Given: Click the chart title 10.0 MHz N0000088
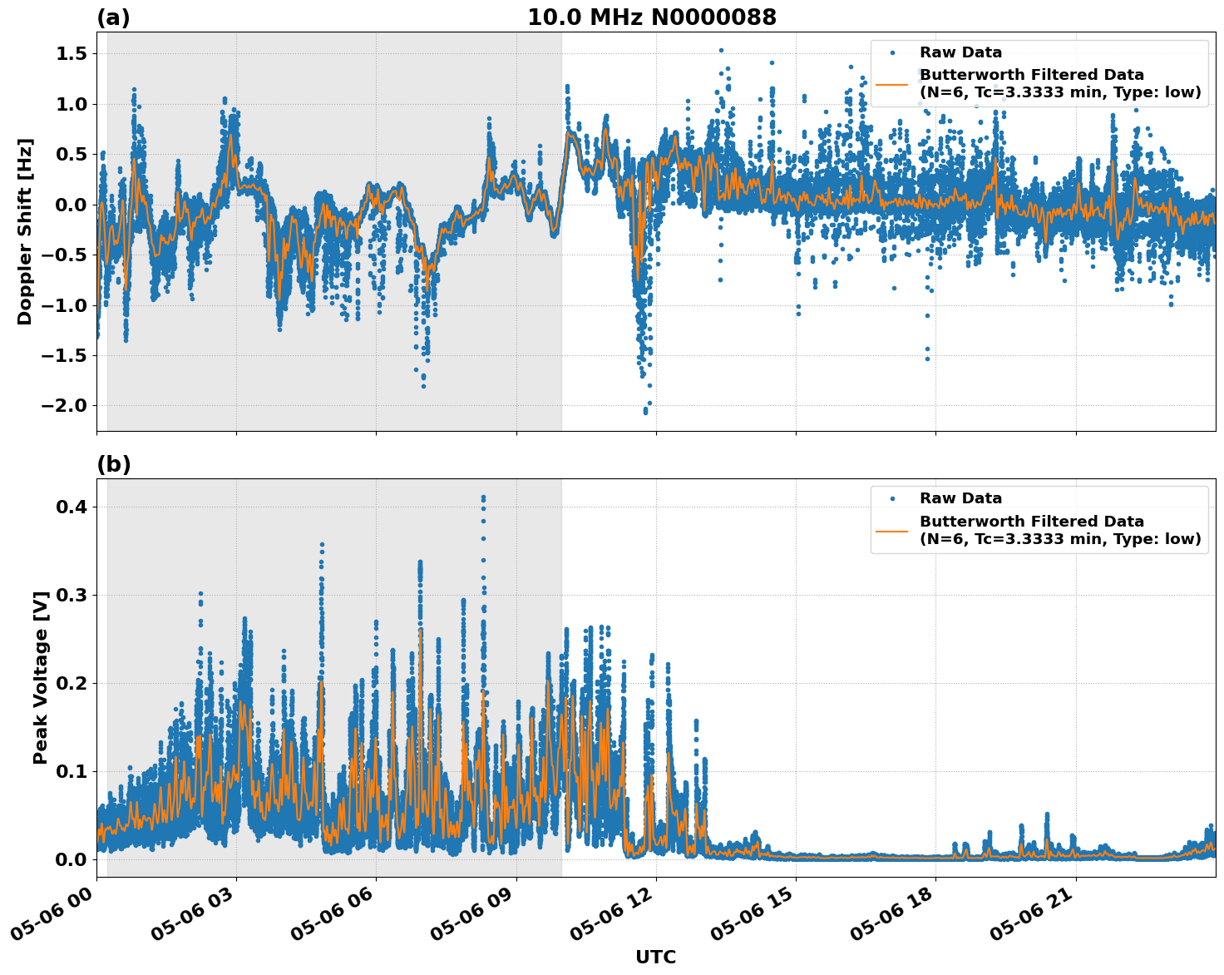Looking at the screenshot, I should (651, 17).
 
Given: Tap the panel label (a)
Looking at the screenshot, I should (113, 17).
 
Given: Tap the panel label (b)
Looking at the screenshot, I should (113, 464).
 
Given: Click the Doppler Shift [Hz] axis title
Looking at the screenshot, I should (25, 231).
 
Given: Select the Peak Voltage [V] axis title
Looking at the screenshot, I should (40, 677).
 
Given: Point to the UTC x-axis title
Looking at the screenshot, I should (655, 957).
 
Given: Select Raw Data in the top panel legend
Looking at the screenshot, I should (960, 52).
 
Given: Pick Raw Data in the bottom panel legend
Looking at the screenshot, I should (960, 498).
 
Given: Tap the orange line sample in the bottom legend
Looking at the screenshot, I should (892, 530).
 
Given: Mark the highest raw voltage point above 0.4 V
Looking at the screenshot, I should (483, 497).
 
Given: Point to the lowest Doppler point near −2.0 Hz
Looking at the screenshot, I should (645, 412).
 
